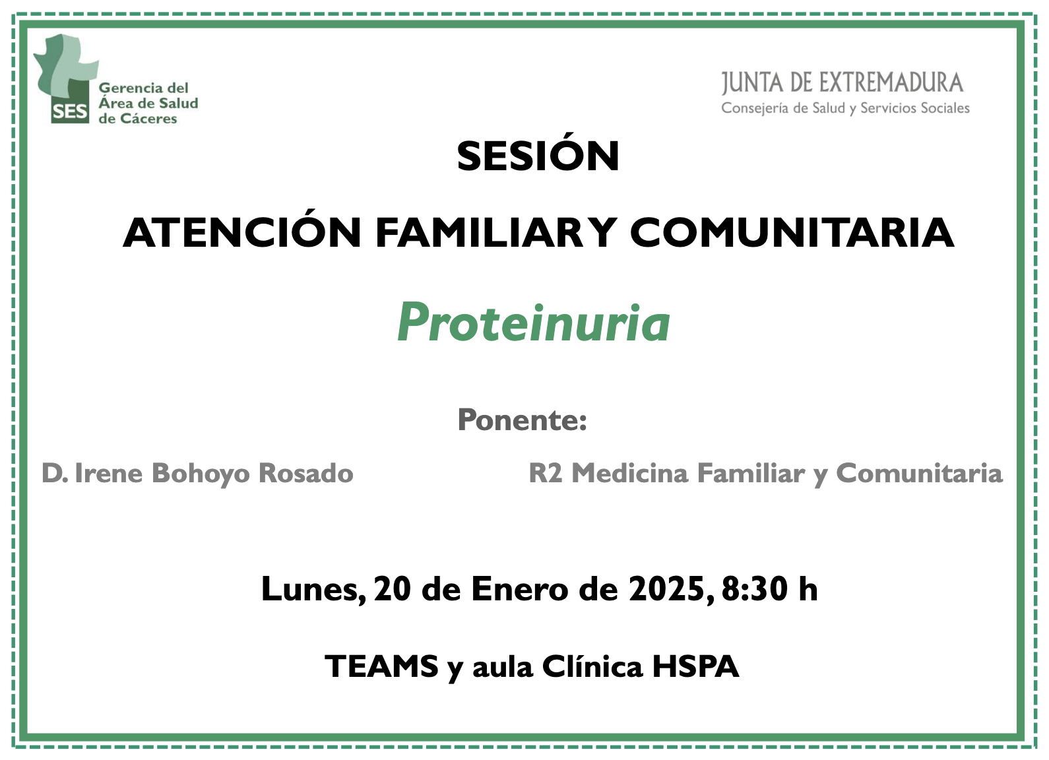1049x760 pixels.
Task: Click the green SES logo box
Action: click(x=70, y=111)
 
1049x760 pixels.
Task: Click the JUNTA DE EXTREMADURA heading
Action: click(x=842, y=84)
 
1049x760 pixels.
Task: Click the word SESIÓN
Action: click(x=538, y=155)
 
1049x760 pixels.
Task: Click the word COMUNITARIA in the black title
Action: click(x=792, y=232)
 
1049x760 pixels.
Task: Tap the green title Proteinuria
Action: click(x=534, y=323)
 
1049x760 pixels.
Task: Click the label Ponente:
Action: click(x=522, y=420)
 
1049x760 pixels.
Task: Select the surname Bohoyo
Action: click(x=202, y=474)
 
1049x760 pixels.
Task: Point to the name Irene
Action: click(x=109, y=473)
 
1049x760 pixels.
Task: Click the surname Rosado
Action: click(x=306, y=473)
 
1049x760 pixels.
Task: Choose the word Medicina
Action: click(x=630, y=473)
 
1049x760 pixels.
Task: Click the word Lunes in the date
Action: click(x=313, y=589)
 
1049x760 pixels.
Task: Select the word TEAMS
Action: click(x=382, y=666)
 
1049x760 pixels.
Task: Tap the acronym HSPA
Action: click(x=696, y=666)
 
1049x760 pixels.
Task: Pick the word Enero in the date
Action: click(x=519, y=589)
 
